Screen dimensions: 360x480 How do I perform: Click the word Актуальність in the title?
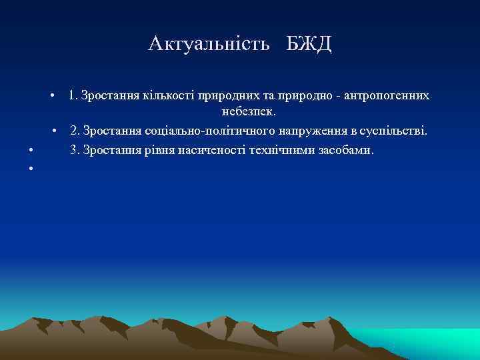coord(209,44)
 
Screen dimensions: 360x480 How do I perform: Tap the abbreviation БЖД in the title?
coord(309,44)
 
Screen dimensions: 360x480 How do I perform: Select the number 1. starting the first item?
coord(72,96)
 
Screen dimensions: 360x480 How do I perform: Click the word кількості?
coord(163,96)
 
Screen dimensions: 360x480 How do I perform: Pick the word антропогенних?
coord(387,96)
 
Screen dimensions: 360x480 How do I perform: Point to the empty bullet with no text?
coord(31,167)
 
